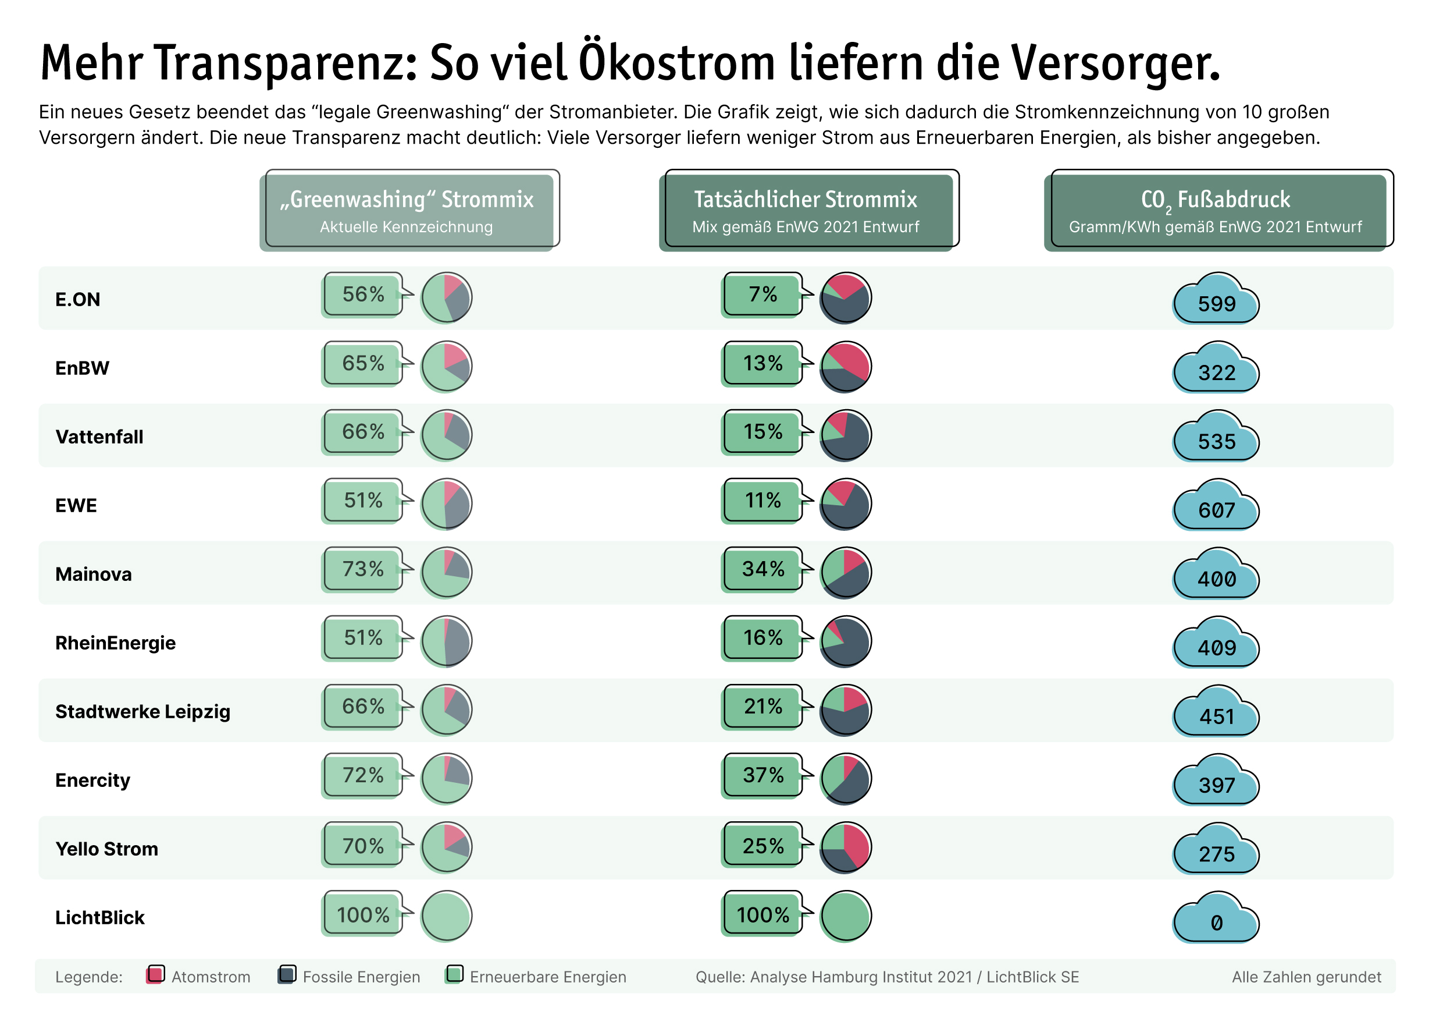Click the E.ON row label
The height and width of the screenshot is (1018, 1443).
click(78, 299)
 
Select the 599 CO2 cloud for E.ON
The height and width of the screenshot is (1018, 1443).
click(1216, 300)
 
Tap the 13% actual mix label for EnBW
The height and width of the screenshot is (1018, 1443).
click(763, 363)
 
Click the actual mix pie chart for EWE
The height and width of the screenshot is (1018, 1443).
click(846, 503)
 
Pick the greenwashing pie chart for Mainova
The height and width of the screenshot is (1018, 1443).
click(446, 572)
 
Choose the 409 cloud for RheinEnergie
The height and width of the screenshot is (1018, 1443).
click(1216, 644)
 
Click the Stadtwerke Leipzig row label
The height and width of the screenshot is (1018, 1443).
click(142, 712)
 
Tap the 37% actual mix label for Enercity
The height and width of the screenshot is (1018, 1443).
click(763, 775)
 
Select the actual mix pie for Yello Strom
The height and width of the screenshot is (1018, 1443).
click(846, 847)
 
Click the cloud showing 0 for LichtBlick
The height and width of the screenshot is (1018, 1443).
click(1216, 919)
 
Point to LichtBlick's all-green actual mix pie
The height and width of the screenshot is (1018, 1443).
click(846, 916)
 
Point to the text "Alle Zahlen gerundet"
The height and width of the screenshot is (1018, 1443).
click(1306, 977)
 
